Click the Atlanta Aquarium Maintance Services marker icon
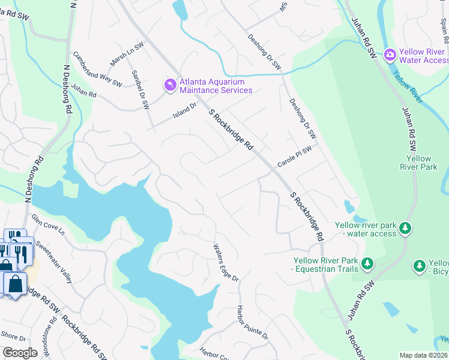point(170,86)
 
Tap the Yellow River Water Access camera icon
point(390,56)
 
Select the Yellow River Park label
point(418,163)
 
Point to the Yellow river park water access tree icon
point(406,228)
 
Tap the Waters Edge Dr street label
point(226,262)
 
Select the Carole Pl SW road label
point(295,156)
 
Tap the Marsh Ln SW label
point(127,54)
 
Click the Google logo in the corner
point(20,352)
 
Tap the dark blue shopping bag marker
point(16,284)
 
